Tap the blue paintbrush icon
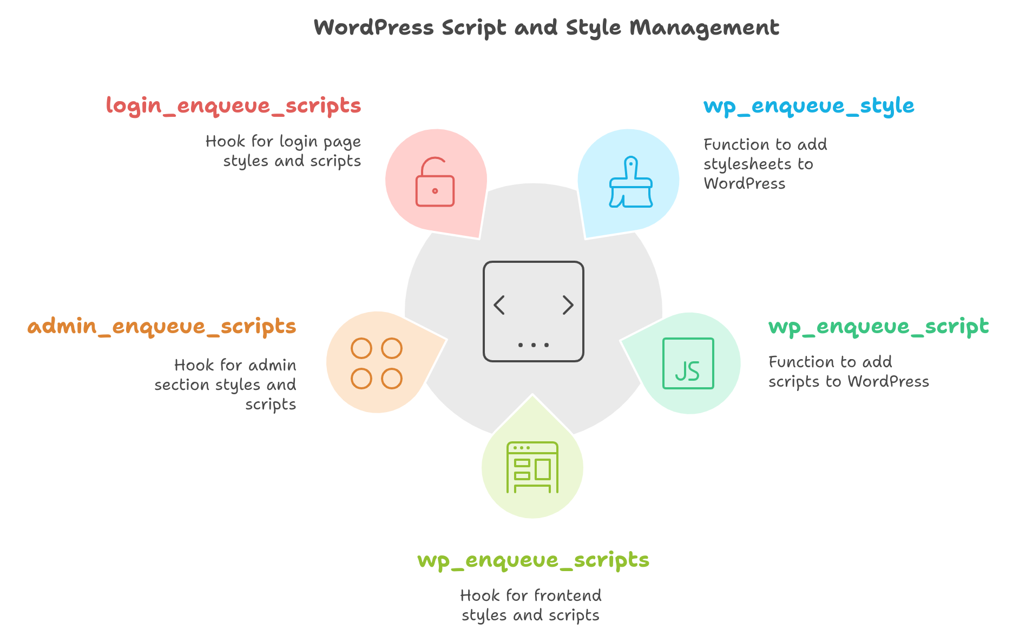coord(631,182)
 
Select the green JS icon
coord(688,363)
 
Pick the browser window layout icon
coord(532,467)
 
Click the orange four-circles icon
coord(377,363)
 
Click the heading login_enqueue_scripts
coord(233,106)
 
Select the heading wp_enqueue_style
coord(809,106)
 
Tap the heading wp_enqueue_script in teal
coord(879,327)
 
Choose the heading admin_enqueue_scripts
coord(162,327)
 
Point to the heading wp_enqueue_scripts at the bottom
coord(533,560)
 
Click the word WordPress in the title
coord(374,27)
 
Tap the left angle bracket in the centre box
coord(499,305)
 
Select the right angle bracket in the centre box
coord(568,305)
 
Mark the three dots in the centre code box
coord(534,345)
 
